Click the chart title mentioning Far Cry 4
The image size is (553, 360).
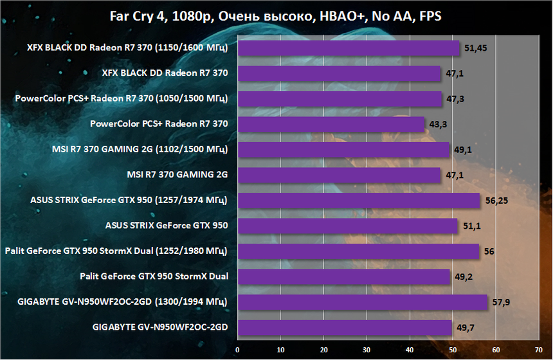[x=276, y=17]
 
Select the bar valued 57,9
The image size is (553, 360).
[x=363, y=302]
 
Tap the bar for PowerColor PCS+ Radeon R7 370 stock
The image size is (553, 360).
[x=332, y=124]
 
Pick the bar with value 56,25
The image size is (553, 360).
[x=359, y=201]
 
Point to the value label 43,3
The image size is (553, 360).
[x=440, y=124]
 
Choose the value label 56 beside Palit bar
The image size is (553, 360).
[x=489, y=251]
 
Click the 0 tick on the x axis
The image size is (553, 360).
[x=238, y=350]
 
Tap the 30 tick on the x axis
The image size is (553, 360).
[x=367, y=350]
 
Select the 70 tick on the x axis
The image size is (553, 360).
[x=538, y=350]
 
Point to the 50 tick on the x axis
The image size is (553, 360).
[x=453, y=350]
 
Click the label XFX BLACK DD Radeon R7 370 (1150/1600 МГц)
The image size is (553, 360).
[x=129, y=48]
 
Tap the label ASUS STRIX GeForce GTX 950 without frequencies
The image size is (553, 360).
[x=167, y=226]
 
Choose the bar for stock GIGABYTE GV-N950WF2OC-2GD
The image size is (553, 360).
[x=345, y=328]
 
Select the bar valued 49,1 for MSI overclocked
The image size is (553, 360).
[x=343, y=150]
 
